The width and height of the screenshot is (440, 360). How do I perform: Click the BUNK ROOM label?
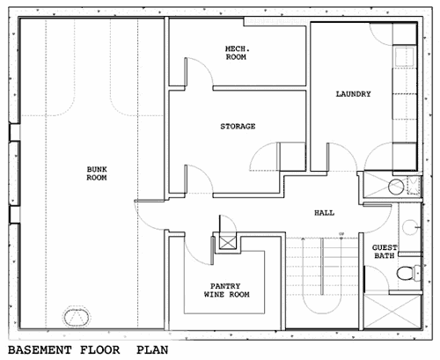[x=97, y=173]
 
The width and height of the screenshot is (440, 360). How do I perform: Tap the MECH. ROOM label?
[x=236, y=53]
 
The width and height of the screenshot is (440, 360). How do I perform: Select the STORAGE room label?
[x=238, y=127]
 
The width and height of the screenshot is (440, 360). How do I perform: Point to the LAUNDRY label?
[x=353, y=94]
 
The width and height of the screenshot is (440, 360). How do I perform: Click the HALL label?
[x=324, y=213]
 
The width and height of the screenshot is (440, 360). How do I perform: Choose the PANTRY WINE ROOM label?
[x=226, y=290]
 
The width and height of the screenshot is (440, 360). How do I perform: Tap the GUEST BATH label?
[x=385, y=252]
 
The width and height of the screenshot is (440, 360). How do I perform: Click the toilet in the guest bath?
[x=408, y=273]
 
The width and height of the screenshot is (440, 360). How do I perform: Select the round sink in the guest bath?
[x=410, y=227]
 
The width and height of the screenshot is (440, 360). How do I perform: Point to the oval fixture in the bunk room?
[x=76, y=317]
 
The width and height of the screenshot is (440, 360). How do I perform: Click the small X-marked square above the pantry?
[x=228, y=243]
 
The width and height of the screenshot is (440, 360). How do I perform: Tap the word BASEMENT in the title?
[x=40, y=350]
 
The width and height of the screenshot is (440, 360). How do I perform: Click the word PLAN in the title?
[x=152, y=350]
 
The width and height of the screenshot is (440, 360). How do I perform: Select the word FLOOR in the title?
[x=100, y=350]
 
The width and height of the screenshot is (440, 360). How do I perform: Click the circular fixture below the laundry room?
[x=396, y=187]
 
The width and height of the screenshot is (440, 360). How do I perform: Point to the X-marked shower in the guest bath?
[x=392, y=312]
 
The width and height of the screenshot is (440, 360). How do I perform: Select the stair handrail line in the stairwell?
[x=322, y=266]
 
